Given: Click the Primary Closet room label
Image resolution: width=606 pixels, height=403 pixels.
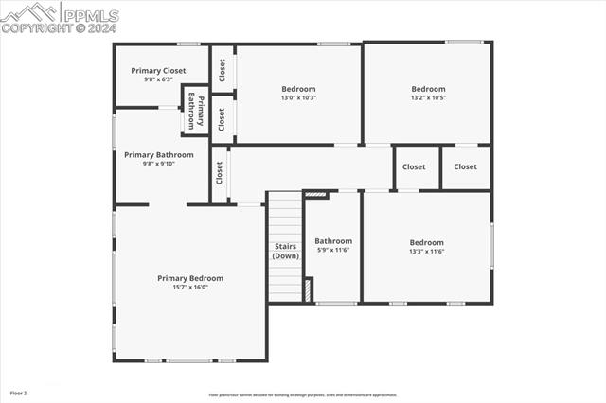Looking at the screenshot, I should pos(158,71).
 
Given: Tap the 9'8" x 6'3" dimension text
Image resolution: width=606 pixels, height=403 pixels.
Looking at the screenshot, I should pos(158,79).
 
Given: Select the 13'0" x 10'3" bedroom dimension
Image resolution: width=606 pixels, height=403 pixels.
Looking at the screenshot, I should pos(298,97).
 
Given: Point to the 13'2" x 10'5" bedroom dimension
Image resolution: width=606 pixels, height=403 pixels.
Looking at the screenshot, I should pos(428,97).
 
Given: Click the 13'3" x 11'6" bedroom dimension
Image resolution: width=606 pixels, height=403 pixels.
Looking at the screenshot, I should pos(427,251).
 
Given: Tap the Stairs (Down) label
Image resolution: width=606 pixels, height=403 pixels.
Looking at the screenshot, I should pos(286,251).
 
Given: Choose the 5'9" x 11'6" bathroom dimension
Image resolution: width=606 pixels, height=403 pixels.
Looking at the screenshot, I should pos(333,250).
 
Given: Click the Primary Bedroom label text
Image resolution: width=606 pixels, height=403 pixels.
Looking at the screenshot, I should pos(190,278).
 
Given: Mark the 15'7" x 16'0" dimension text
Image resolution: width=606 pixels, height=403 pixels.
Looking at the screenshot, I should pos(190,287).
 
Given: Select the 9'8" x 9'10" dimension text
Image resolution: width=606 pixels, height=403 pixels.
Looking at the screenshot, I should pos(158,164).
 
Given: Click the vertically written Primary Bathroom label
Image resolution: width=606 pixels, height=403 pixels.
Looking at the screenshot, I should pos(196,112).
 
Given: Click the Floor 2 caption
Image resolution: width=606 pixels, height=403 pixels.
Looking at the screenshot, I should pos(19,392).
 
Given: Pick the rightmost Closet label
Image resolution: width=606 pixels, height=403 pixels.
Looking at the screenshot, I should pos(465,167).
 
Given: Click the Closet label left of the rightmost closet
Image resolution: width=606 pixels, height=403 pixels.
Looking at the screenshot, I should pos(414,167).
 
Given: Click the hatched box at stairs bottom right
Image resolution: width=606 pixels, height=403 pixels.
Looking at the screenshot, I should pos(309,289).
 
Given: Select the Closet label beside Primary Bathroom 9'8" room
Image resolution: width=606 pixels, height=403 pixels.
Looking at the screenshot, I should pos(220,173).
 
